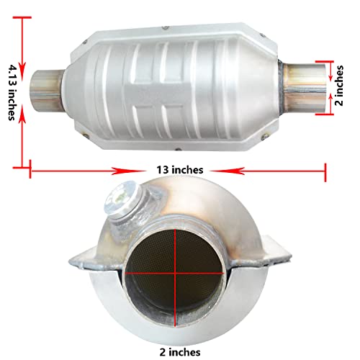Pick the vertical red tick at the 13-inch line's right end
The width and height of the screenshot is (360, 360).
[327, 170]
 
